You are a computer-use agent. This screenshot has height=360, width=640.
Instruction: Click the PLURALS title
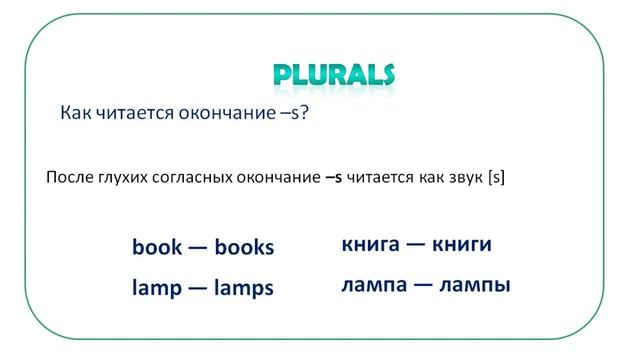pyautogui.click(x=334, y=75)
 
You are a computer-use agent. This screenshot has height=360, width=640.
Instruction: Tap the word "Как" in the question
pyautogui.click(x=77, y=114)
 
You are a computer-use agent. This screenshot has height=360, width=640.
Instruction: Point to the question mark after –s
pyautogui.click(x=303, y=114)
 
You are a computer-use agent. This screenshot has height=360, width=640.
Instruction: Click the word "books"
pyautogui.click(x=244, y=246)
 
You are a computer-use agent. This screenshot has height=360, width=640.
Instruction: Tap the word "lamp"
pyautogui.click(x=155, y=288)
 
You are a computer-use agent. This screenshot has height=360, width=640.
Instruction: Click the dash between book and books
pyautogui.click(x=197, y=246)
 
